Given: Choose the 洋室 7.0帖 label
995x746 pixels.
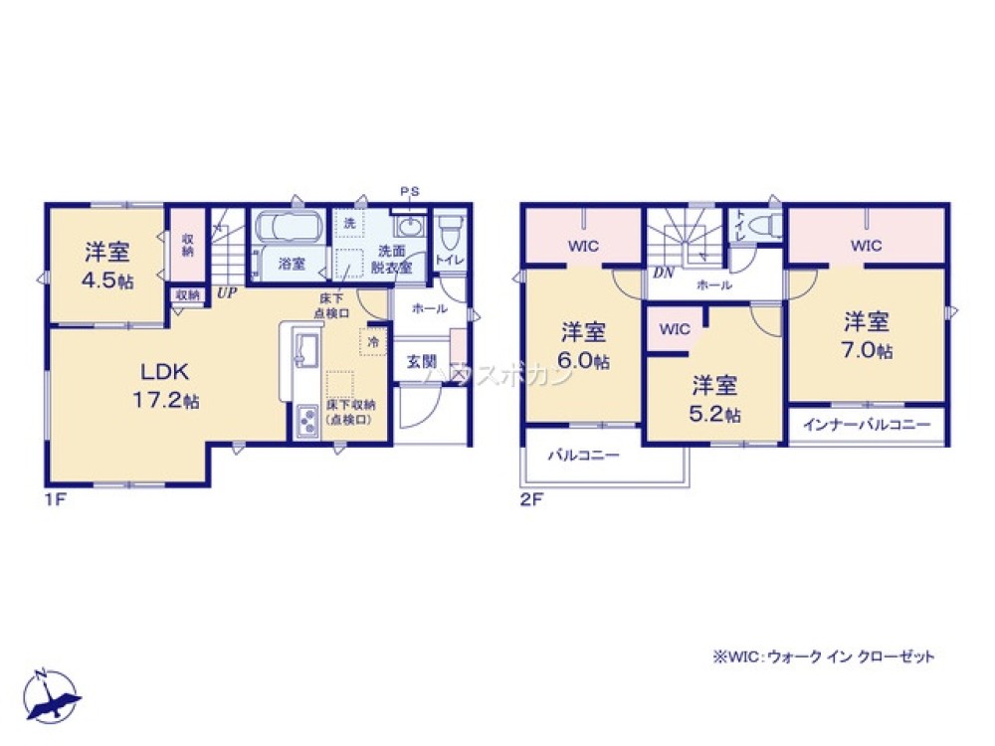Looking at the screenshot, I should pos(868,335).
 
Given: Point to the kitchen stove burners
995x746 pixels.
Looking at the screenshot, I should pos(304,421).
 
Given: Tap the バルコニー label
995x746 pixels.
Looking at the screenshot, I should pos(583,456).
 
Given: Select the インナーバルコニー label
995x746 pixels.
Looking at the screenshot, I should pos(867,424).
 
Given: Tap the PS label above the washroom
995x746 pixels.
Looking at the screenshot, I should pos(409,192).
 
